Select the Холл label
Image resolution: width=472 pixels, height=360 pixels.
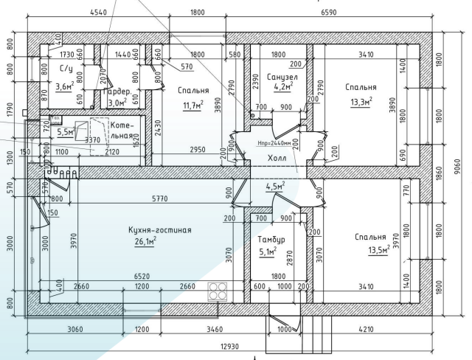(x=277, y=157)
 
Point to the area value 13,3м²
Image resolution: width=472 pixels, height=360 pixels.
(x=361, y=102)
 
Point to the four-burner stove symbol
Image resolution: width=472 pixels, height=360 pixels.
(x=218, y=291)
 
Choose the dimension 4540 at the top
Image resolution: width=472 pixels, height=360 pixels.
(x=101, y=13)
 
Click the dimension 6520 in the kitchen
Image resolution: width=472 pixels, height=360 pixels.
(x=139, y=277)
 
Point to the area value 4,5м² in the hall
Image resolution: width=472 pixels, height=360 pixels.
(x=274, y=186)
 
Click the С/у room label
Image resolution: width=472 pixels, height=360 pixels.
(x=64, y=69)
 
